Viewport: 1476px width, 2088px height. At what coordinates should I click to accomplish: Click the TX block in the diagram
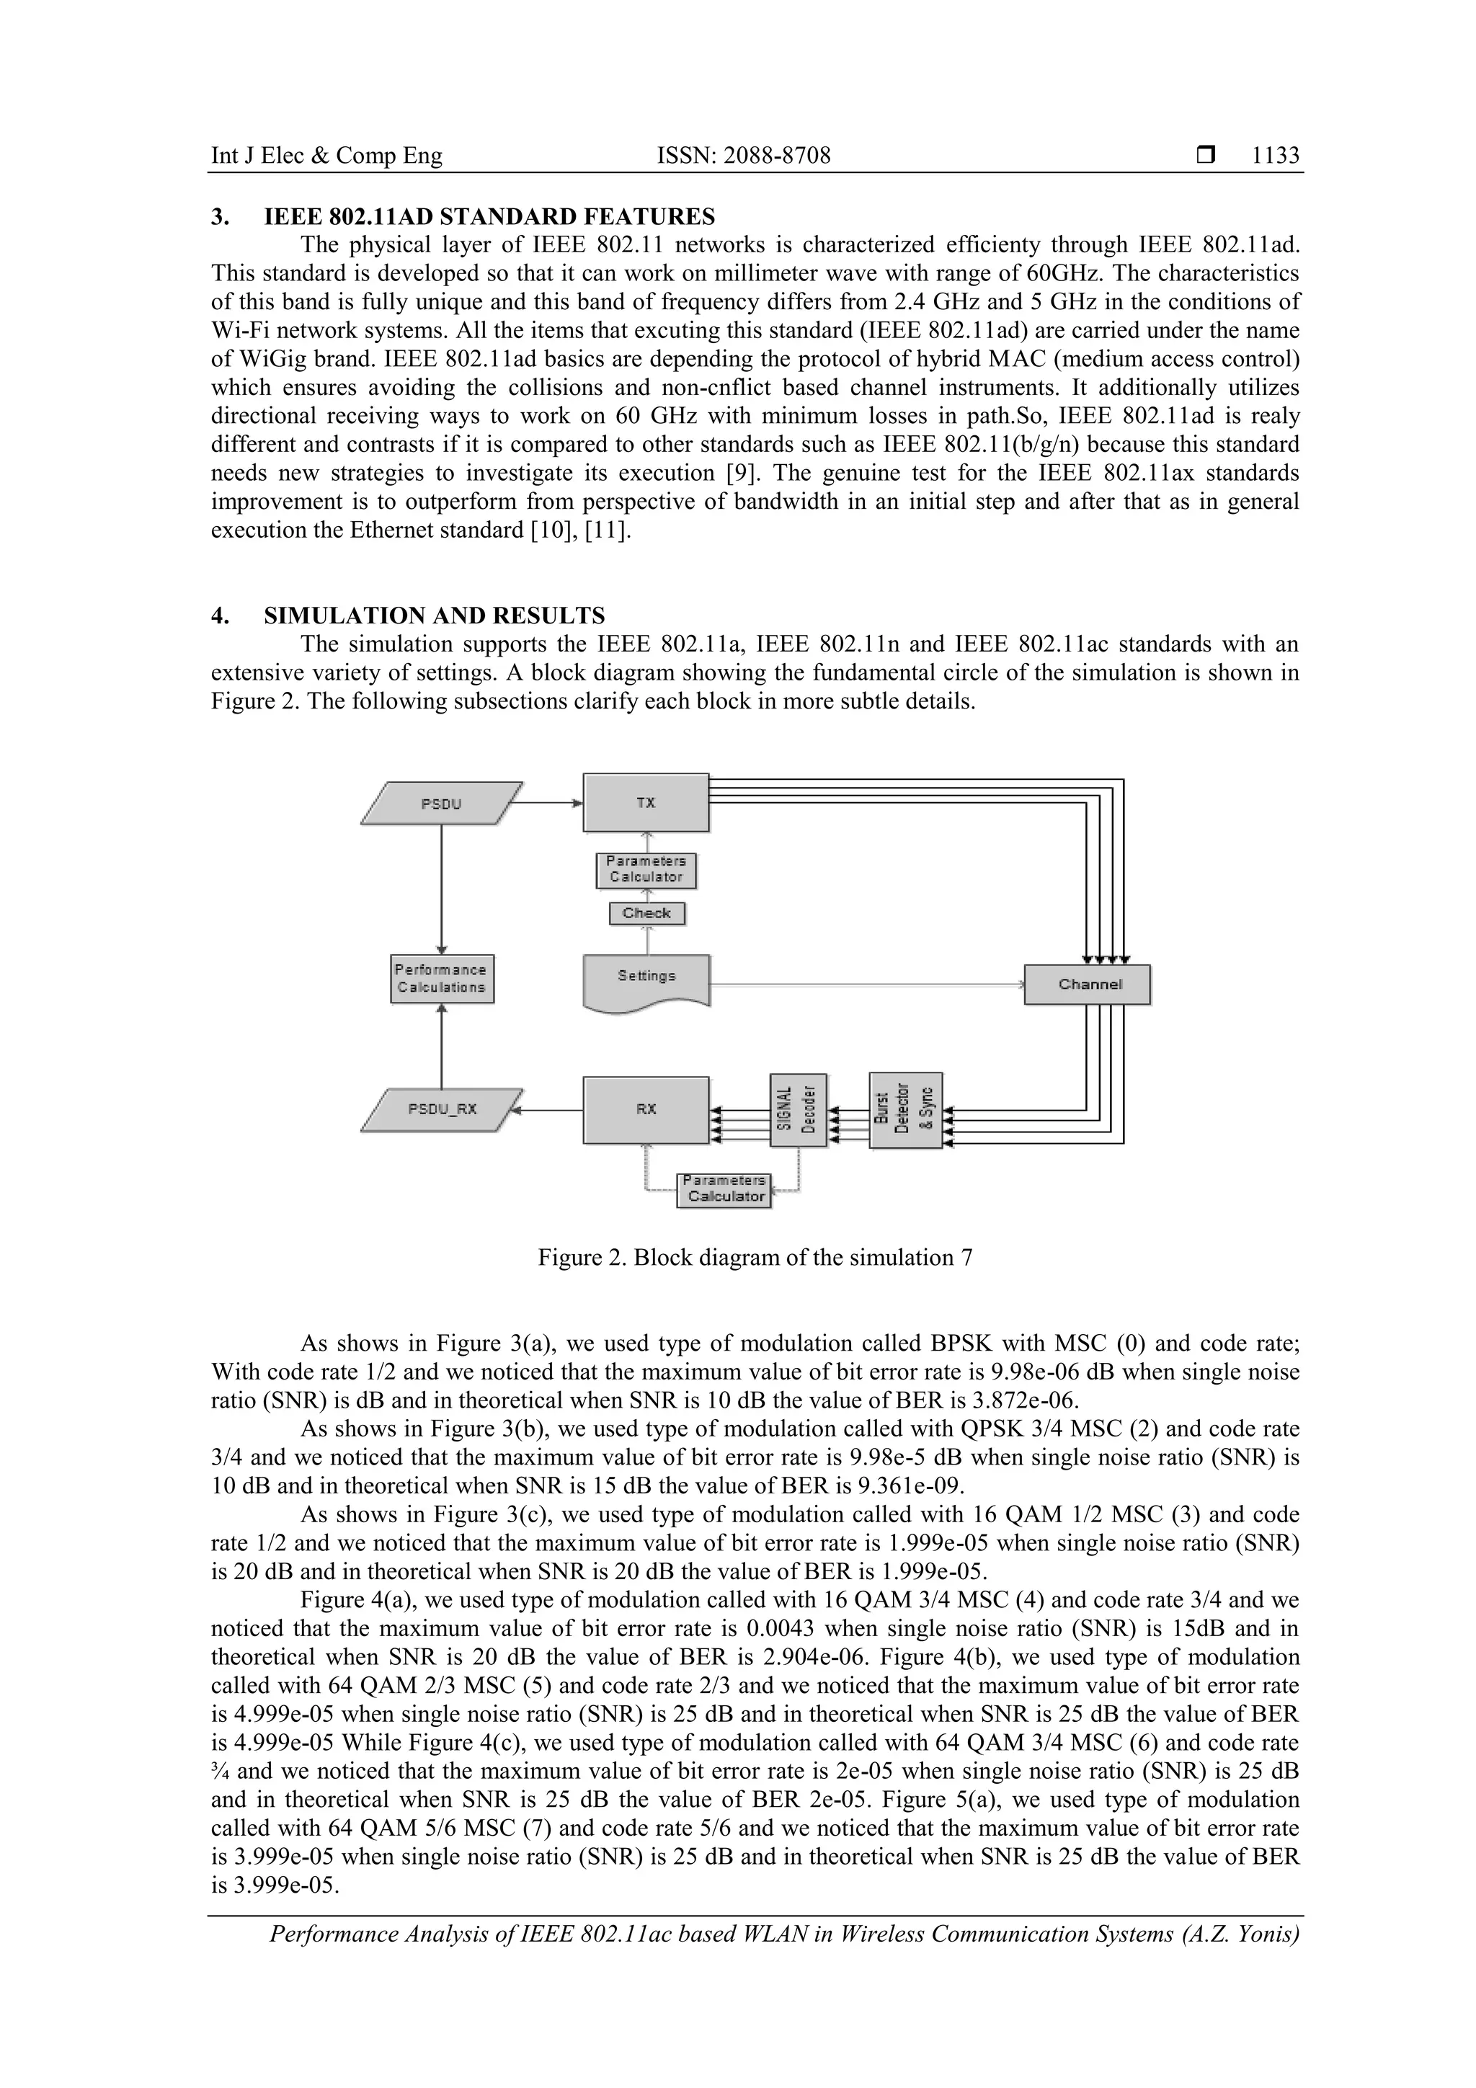pos(646,802)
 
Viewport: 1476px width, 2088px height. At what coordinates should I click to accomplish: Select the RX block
pos(646,1109)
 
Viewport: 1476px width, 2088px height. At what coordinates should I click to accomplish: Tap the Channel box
pos(1088,984)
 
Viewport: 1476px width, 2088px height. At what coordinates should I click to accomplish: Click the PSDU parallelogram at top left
pos(441,803)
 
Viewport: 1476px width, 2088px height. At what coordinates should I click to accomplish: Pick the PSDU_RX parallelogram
pos(442,1109)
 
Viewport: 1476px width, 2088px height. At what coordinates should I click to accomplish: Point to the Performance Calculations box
pos(442,979)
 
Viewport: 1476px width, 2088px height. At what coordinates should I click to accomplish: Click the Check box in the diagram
pos(646,912)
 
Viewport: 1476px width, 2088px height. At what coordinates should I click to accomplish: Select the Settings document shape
pos(646,977)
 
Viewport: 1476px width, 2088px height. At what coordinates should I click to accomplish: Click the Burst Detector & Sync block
pos(905,1109)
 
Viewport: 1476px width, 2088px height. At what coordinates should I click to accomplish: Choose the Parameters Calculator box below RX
pos(724,1189)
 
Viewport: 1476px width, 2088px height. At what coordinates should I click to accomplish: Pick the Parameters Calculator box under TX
pos(646,869)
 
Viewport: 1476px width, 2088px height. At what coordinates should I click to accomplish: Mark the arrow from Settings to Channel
pos(864,984)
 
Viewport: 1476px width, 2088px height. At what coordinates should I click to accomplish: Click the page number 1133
pos(1275,156)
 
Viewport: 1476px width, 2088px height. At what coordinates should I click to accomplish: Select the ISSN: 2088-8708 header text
pos(743,156)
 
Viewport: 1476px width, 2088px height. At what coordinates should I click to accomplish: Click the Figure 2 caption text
pos(755,1258)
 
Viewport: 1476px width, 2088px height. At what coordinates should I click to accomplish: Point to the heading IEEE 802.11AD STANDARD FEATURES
pos(489,216)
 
